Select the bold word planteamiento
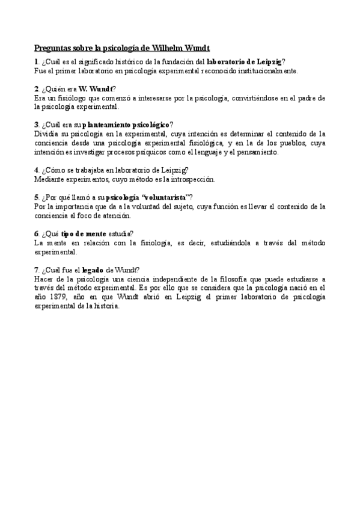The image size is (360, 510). (x=104, y=124)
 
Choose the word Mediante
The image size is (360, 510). (x=50, y=179)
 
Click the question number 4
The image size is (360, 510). (x=36, y=170)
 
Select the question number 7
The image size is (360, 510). (x=36, y=270)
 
